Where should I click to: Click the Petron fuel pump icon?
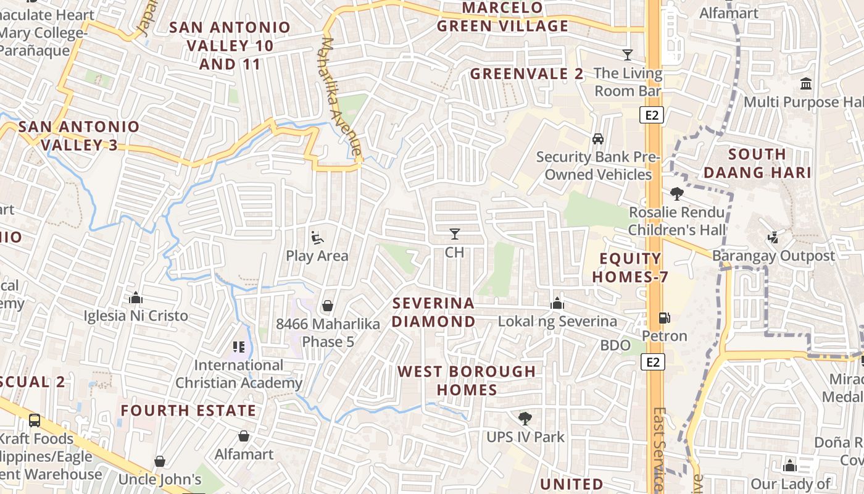[x=664, y=318]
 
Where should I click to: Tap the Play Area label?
[x=317, y=256]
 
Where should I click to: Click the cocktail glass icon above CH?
[x=455, y=233]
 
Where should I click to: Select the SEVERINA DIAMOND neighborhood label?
[x=434, y=312]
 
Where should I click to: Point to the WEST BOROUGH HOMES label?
[x=467, y=380]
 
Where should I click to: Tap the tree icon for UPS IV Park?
[x=525, y=419]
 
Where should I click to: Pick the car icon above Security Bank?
[x=597, y=138]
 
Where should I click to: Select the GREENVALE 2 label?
[x=526, y=74]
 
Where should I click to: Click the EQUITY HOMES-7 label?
[x=631, y=267]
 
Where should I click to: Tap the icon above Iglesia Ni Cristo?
[x=136, y=298]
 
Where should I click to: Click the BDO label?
[x=615, y=345]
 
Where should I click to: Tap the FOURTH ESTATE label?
[x=188, y=411]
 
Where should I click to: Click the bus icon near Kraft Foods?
[x=35, y=421]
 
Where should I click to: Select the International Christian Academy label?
[x=239, y=374]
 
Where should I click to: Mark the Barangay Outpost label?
[x=773, y=256]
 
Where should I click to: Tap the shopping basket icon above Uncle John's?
[x=160, y=461]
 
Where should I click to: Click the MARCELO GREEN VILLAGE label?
[x=502, y=17]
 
